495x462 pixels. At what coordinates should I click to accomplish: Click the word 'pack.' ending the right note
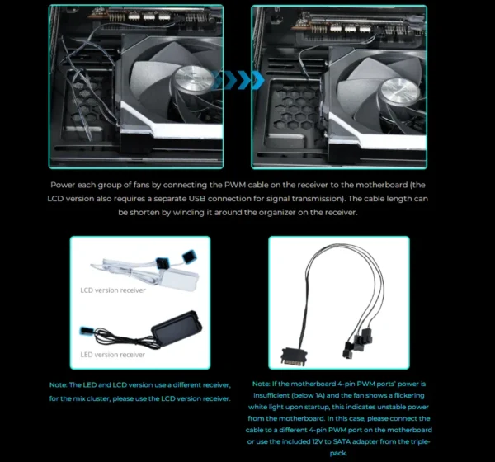pos(341,454)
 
